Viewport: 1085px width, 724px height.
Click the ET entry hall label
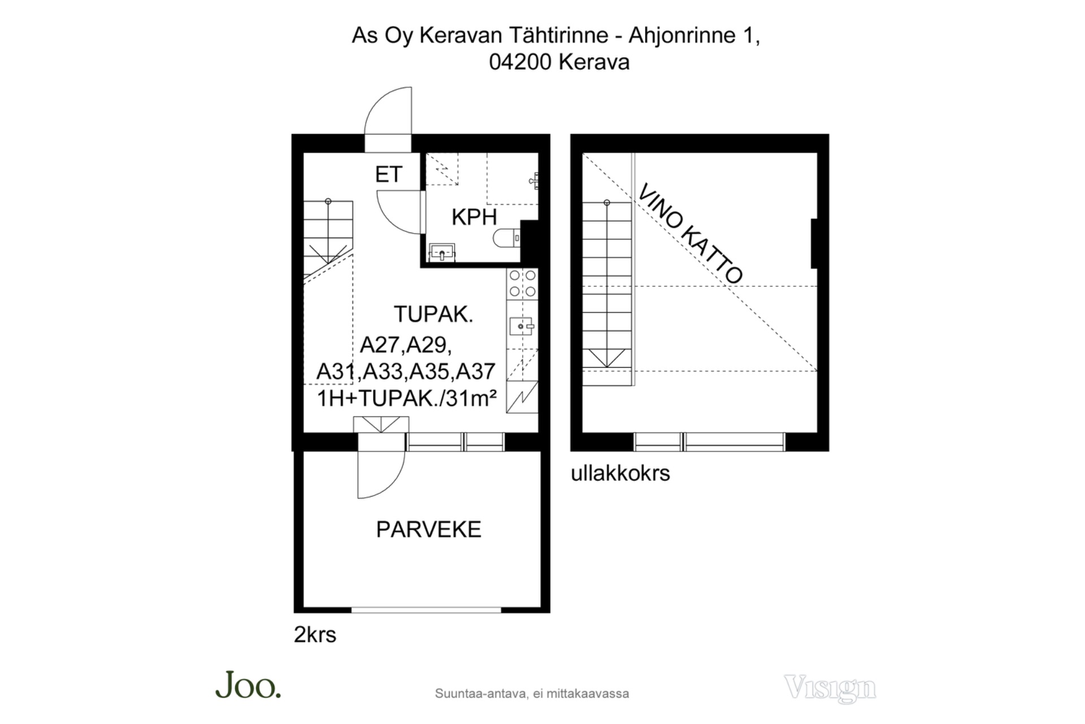pos(388,174)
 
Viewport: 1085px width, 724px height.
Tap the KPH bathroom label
pos(474,217)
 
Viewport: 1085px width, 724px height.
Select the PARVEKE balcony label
pos(428,529)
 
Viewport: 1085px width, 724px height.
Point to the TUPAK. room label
pos(433,314)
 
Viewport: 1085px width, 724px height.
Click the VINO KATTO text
pos(690,234)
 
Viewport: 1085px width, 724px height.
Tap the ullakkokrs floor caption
pos(620,473)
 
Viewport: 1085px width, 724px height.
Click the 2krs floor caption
pos(315,635)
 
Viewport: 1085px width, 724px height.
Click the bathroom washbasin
pos(442,252)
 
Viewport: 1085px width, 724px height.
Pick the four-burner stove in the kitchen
pos(522,283)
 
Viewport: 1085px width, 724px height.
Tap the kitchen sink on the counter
pos(522,326)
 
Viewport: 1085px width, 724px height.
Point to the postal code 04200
pos(520,62)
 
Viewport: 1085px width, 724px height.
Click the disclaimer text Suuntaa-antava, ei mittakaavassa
pos(532,693)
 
